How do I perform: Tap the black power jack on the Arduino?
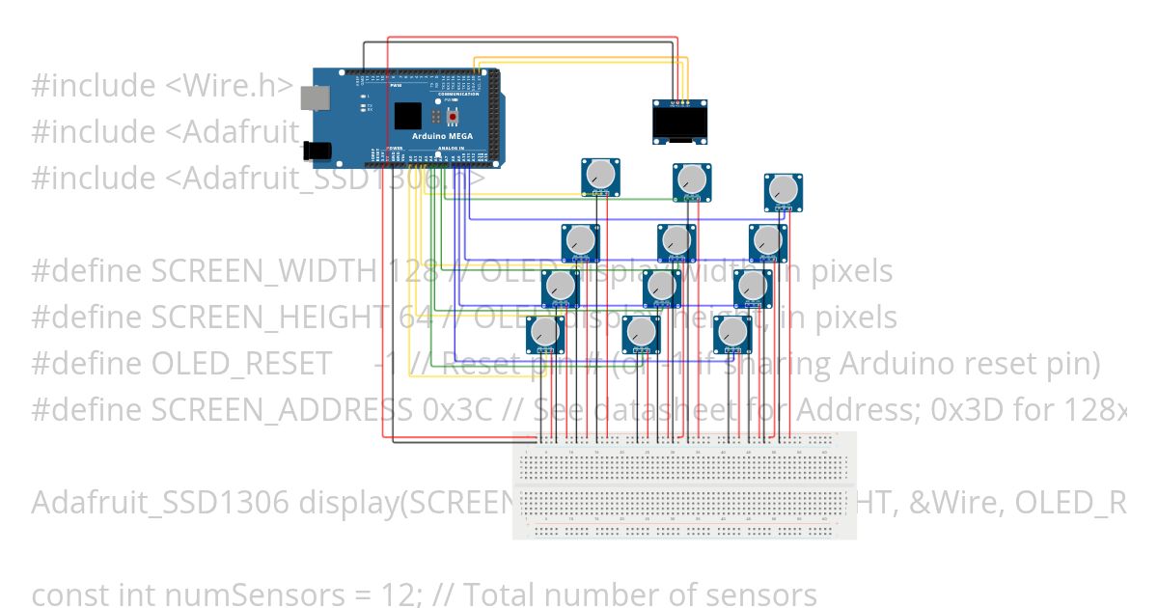(316, 150)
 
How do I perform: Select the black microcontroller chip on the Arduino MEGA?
(408, 116)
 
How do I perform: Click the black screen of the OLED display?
(678, 123)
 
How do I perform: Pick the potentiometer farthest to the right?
(784, 192)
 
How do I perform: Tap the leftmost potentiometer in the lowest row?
(544, 335)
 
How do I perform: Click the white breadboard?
(683, 485)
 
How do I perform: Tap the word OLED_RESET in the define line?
(241, 364)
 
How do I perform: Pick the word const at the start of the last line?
(63, 595)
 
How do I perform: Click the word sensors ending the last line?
(758, 595)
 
